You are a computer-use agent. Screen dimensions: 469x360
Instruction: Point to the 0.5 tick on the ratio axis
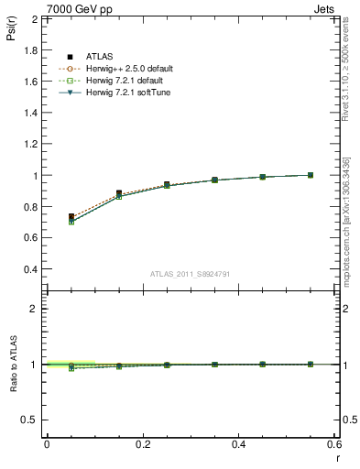pyautogui.click(x=29, y=420)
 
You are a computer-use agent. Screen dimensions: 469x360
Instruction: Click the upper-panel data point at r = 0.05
pyautogui.click(x=71, y=217)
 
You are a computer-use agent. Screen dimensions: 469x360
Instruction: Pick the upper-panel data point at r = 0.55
pyautogui.click(x=311, y=175)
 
